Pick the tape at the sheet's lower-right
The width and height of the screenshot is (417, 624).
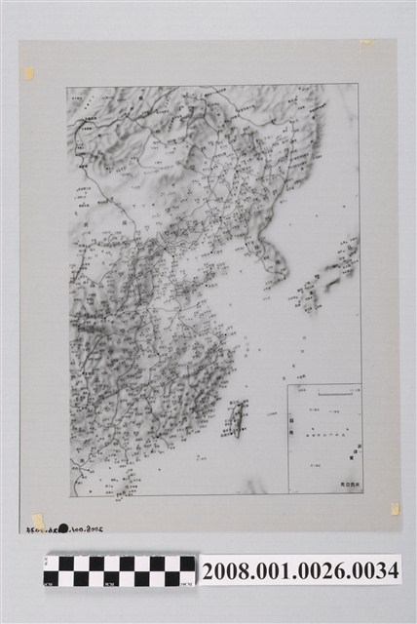click(395, 508)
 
